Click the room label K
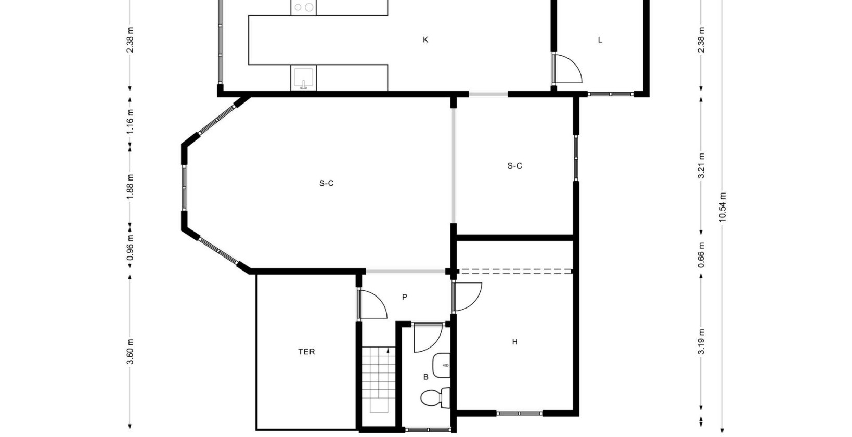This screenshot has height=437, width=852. (425, 40)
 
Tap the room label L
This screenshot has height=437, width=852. (600, 40)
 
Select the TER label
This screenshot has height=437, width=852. (306, 352)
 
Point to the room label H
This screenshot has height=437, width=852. (514, 342)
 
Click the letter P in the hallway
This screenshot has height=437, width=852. (405, 297)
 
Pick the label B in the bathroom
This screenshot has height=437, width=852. (425, 377)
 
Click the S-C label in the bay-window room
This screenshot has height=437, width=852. (326, 183)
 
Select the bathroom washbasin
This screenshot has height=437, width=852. (442, 366)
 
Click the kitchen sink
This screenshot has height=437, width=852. (303, 78)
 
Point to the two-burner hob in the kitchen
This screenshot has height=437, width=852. (303, 7)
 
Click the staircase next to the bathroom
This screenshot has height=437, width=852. (376, 380)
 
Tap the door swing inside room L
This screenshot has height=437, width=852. (567, 69)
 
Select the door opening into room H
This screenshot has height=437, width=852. (467, 297)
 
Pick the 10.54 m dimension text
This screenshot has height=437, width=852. (722, 207)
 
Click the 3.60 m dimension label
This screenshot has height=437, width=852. (130, 352)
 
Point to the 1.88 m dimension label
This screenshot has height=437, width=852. (130, 185)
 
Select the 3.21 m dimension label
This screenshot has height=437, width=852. (701, 165)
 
